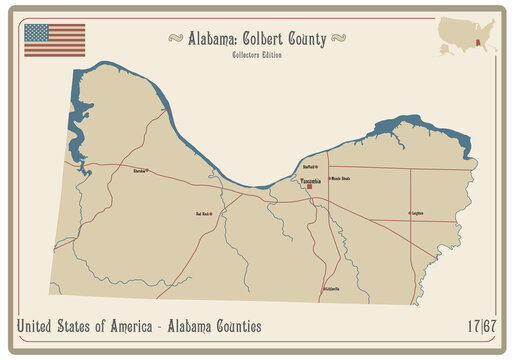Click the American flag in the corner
(55, 40)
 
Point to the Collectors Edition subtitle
(257, 54)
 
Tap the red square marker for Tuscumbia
(310, 186)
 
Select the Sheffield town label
(310, 167)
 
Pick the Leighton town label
(419, 213)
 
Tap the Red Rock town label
(202, 213)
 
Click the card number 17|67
(482, 326)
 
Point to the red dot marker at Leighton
(410, 213)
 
